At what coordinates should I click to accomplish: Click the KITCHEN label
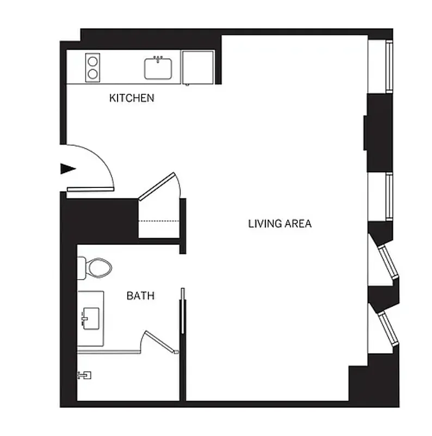(132, 99)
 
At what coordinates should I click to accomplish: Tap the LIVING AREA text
(280, 223)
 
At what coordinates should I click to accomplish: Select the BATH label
(140, 296)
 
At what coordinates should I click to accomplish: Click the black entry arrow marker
(67, 169)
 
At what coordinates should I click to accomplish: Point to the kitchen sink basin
(158, 69)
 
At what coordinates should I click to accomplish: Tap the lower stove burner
(93, 74)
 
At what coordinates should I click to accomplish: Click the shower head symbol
(84, 375)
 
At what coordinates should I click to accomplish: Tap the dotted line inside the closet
(159, 221)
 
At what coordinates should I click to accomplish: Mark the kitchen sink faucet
(159, 57)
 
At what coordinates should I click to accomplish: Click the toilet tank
(81, 267)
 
